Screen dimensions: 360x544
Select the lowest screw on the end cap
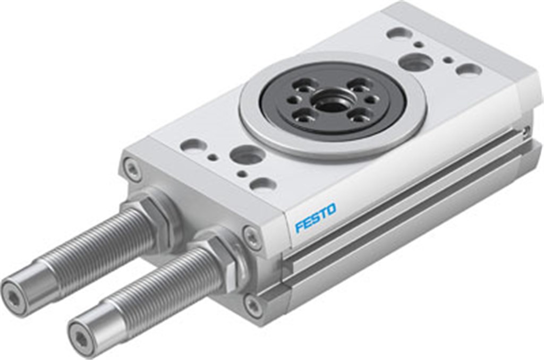click(253, 306)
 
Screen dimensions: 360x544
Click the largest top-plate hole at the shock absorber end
click(248, 155)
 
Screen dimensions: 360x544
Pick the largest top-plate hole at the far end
click(415, 62)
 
